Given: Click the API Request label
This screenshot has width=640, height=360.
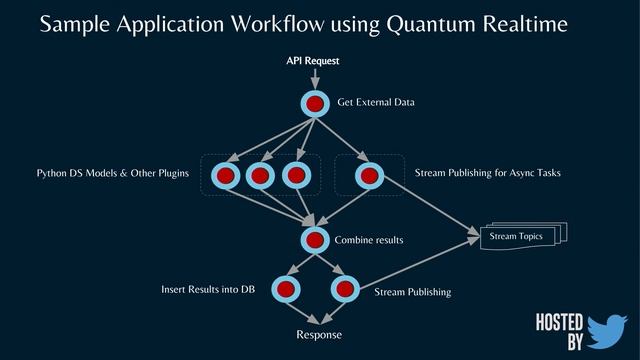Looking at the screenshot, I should pyautogui.click(x=313, y=61).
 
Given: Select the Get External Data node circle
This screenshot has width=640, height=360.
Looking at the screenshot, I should pyautogui.click(x=315, y=104).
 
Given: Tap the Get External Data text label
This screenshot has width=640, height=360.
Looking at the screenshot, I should pyautogui.click(x=376, y=102).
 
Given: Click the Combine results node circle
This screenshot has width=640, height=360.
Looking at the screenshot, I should pyautogui.click(x=315, y=240).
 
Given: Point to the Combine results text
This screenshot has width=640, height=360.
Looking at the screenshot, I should pyautogui.click(x=369, y=241).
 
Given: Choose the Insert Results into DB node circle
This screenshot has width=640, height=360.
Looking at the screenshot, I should pyautogui.click(x=288, y=289).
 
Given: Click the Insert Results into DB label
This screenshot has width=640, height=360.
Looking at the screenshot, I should pyautogui.click(x=208, y=289).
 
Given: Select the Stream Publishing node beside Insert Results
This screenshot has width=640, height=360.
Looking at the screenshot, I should pyautogui.click(x=344, y=289).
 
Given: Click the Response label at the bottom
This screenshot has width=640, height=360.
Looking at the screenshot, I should pyautogui.click(x=319, y=334).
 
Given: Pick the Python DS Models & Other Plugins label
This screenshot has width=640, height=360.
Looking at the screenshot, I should pyautogui.click(x=113, y=174).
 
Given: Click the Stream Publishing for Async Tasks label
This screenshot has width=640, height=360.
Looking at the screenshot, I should pyautogui.click(x=487, y=173).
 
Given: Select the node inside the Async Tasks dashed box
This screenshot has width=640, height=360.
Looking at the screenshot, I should pyautogui.click(x=368, y=176).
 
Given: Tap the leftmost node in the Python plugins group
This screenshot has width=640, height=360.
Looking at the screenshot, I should pyautogui.click(x=226, y=176).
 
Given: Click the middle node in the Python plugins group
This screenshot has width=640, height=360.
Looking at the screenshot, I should pyautogui.click(x=260, y=176).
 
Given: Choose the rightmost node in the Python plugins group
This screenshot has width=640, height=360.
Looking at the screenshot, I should pyautogui.click(x=294, y=176).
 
